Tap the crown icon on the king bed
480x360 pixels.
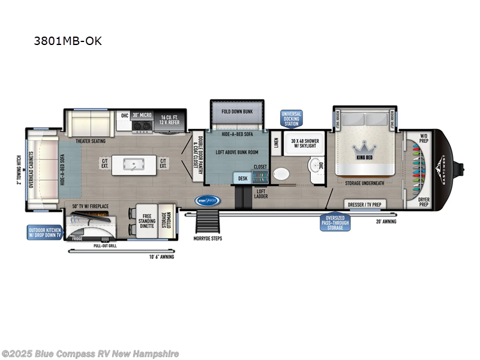click(363, 147)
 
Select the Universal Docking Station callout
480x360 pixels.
click(292, 119)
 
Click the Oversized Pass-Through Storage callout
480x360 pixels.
click(334, 223)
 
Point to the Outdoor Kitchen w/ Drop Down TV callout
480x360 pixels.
click(44, 232)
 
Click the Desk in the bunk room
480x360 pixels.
click(242, 178)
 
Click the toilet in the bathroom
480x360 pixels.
click(281, 175)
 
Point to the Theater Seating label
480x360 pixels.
click(91, 141)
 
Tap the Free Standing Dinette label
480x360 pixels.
click(148, 220)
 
